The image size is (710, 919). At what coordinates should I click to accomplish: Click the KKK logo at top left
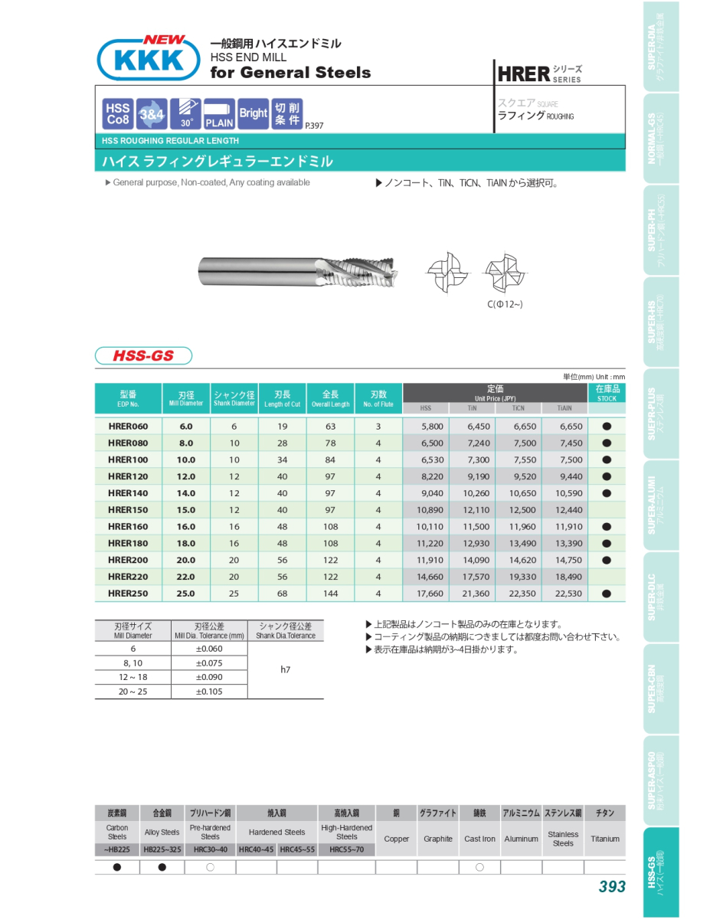click(x=143, y=59)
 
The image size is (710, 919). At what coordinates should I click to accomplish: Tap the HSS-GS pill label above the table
click(x=143, y=355)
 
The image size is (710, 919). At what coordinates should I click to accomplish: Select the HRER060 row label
click(x=128, y=427)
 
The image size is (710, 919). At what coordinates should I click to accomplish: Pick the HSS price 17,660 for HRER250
click(x=430, y=594)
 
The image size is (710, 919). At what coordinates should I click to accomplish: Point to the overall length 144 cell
click(x=330, y=594)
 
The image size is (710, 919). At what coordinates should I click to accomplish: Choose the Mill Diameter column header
click(x=186, y=398)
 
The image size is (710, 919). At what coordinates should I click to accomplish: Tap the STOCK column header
click(x=607, y=393)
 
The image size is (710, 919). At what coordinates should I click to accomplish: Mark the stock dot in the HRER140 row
click(x=607, y=493)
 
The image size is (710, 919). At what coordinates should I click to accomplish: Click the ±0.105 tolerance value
click(x=209, y=692)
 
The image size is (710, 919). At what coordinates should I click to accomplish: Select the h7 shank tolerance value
click(x=286, y=670)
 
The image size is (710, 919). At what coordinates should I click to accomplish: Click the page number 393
click(x=612, y=887)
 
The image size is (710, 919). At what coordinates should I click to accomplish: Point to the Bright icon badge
click(x=253, y=113)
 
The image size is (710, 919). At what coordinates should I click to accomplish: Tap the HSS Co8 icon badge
click(x=118, y=113)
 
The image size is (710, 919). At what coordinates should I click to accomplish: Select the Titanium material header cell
click(x=605, y=813)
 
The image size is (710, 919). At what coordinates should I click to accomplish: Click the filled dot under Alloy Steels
click(x=162, y=867)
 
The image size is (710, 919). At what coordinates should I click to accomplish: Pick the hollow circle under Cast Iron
click(x=479, y=867)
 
